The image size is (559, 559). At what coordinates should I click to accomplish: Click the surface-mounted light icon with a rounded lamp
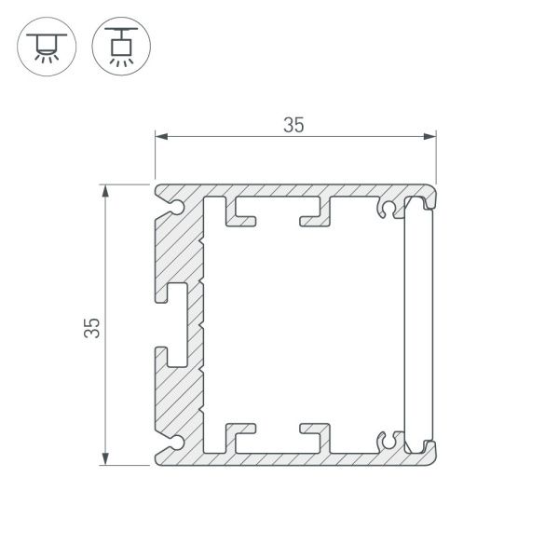coord(43,45)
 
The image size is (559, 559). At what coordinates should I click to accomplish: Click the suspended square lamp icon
coord(118,45)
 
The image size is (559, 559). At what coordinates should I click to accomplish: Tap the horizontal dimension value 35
coord(293,126)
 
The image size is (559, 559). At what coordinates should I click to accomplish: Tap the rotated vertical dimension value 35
coord(90,326)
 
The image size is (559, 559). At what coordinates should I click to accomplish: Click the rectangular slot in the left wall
coord(177,321)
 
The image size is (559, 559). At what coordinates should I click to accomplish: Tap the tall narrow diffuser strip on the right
coord(418,322)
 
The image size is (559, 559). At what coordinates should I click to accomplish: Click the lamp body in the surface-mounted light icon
coord(43,40)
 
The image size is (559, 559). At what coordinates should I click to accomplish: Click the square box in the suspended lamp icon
coord(118,44)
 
